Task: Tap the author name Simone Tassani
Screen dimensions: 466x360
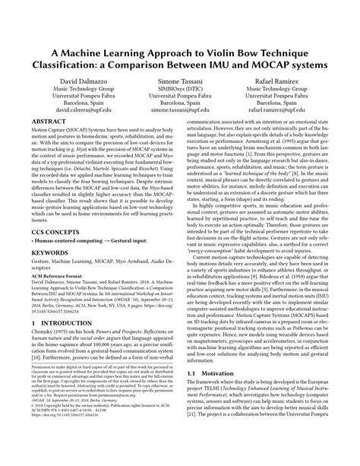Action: (180, 80)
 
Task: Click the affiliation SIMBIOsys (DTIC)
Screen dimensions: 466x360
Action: (180, 90)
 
